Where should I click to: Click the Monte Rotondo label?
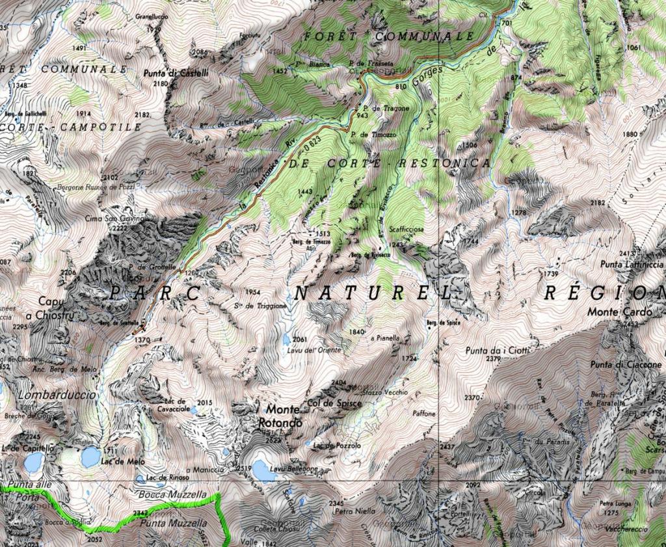click(x=282, y=416)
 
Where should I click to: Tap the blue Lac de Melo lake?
click(x=90, y=457)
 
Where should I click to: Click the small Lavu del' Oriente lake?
click(x=286, y=339)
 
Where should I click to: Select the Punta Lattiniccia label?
click(x=631, y=264)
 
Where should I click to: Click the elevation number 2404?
click(x=339, y=382)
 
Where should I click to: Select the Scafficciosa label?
click(x=406, y=230)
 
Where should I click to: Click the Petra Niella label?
click(x=354, y=511)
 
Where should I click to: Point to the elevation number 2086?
click(x=200, y=52)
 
